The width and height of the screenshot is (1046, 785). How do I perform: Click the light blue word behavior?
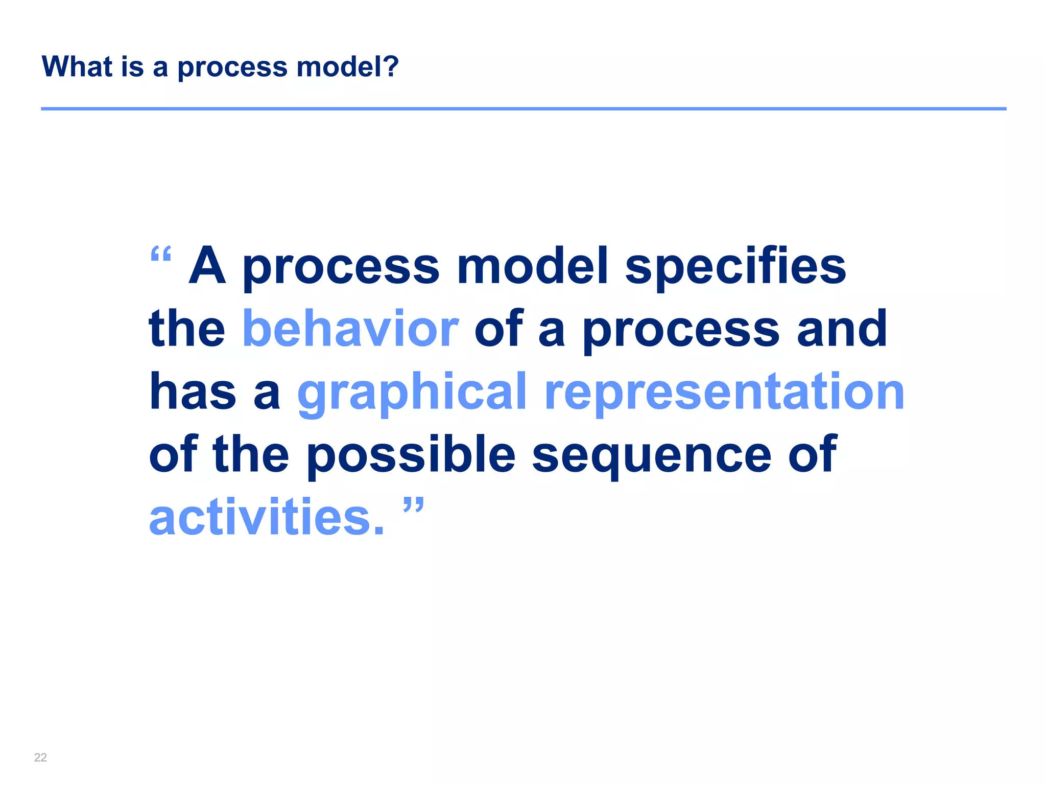(x=350, y=329)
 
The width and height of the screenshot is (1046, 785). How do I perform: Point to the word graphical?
(x=412, y=392)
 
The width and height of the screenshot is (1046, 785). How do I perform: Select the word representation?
(x=724, y=392)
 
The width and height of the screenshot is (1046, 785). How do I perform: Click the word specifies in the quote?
(x=735, y=267)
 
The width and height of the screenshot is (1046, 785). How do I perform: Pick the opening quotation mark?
(x=161, y=254)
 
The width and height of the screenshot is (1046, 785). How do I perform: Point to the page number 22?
(x=40, y=757)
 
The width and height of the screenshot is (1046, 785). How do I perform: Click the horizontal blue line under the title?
(x=523, y=109)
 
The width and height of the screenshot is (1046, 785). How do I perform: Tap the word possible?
(x=411, y=455)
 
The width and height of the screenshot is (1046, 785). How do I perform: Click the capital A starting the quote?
(x=207, y=266)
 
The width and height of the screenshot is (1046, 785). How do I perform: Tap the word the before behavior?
(x=187, y=329)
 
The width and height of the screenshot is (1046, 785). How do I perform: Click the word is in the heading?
(x=132, y=66)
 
